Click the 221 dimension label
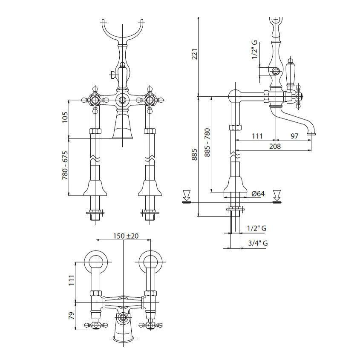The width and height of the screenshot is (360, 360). (x=195, y=54)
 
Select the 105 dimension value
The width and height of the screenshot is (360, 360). (x=65, y=117)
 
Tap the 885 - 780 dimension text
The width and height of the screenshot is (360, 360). (x=207, y=143)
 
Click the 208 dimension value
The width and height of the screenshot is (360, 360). (x=275, y=146)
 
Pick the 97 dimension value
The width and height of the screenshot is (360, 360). (x=294, y=136)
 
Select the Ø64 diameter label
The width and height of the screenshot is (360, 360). (x=258, y=193)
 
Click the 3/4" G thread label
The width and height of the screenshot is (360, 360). (x=258, y=243)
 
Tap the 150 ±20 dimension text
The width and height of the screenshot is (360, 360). (x=126, y=236)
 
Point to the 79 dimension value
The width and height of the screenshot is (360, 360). (x=72, y=316)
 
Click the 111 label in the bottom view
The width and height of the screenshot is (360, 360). (x=72, y=280)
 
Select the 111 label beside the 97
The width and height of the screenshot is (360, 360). (x=257, y=136)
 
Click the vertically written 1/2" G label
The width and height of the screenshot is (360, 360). (x=254, y=50)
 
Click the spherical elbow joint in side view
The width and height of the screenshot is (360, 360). (x=235, y=97)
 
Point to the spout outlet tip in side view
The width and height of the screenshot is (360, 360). (x=311, y=134)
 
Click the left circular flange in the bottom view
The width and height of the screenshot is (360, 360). (x=96, y=262)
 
